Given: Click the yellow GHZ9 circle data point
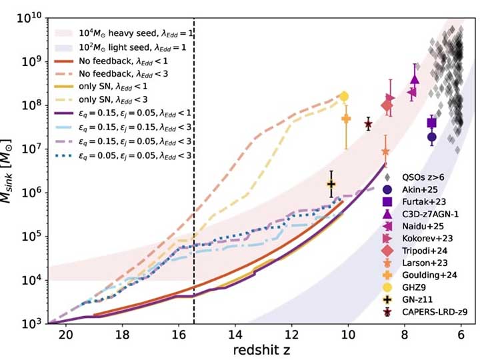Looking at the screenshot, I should click(x=345, y=96).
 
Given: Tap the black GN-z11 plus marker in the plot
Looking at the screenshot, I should click(x=331, y=184).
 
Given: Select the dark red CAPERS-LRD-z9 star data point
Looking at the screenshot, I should click(x=368, y=124).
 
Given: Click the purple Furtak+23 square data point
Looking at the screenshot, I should click(x=432, y=123).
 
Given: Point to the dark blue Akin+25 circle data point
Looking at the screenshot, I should click(x=432, y=137).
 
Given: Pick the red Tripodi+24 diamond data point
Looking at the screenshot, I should click(x=387, y=105).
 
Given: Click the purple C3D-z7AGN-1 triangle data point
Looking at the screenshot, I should click(x=415, y=79).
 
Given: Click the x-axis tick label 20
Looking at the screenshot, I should click(x=65, y=335).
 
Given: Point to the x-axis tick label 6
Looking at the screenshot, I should click(x=461, y=335).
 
